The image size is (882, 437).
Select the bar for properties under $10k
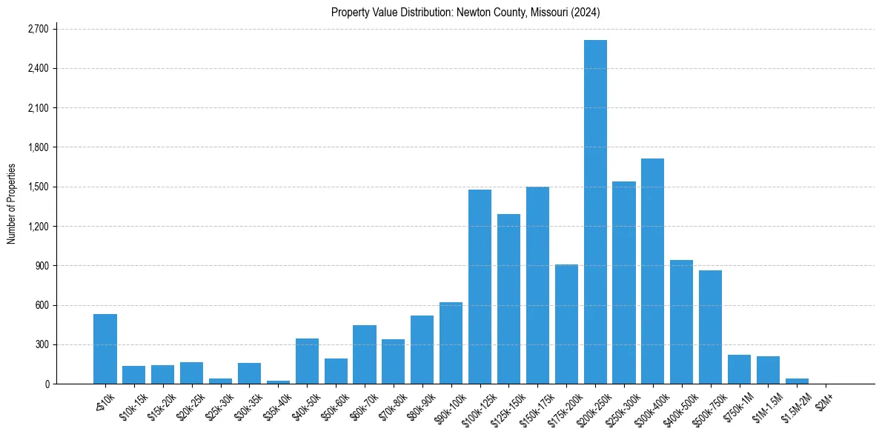105,349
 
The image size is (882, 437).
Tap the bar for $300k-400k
653,271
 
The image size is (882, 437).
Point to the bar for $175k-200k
566,324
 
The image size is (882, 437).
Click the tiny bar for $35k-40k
278,382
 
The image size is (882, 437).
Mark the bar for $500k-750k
710,327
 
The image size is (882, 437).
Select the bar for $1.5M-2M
797,381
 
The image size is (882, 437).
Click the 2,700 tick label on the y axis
37,29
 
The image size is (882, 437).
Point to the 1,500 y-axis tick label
37,187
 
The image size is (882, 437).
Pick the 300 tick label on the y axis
42,344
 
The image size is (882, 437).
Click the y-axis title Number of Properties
12,204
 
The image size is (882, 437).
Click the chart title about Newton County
465,12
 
